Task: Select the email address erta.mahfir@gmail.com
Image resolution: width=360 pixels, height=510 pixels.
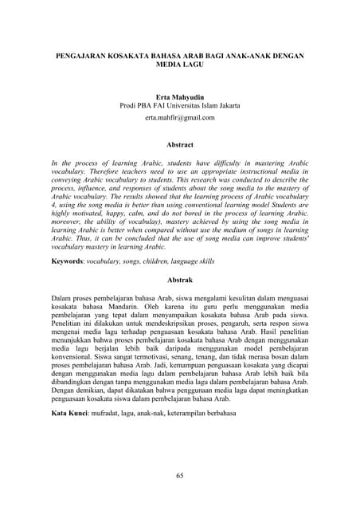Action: tap(179, 117)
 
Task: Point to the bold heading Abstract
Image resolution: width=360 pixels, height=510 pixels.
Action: tap(179, 144)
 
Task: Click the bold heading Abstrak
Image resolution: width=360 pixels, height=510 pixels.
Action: tap(179, 280)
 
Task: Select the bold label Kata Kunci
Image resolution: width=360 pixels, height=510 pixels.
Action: tap(71, 414)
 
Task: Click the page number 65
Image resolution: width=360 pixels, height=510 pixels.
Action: tap(180, 475)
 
